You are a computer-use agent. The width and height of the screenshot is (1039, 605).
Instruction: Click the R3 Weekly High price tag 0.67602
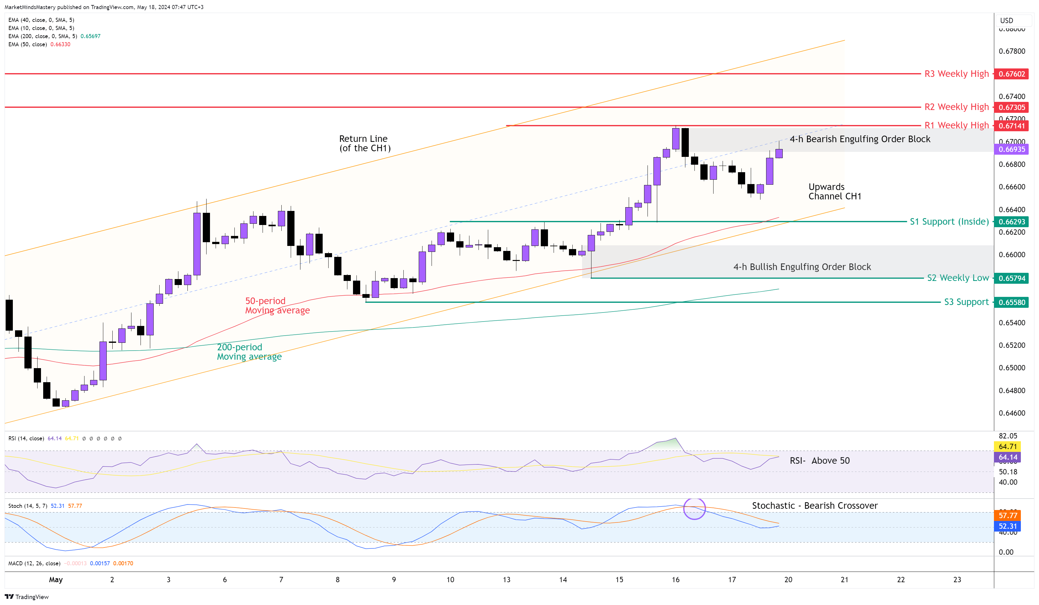tap(1011, 74)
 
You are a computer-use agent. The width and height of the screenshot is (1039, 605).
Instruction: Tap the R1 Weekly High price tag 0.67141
tap(1011, 126)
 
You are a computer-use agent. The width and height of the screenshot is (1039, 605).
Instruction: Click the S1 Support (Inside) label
tap(949, 222)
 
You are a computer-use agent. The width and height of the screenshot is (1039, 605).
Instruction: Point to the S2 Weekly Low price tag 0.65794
tap(1011, 278)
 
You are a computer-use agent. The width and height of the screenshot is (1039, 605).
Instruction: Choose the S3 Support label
tap(966, 302)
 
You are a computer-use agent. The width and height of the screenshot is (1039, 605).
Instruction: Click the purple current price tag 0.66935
tap(1011, 149)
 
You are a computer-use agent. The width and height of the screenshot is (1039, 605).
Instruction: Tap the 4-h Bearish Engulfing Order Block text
tap(860, 139)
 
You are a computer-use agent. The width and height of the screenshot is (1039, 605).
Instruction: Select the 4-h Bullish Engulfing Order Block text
tap(802, 267)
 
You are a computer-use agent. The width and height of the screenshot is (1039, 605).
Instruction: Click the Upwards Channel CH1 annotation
tap(835, 192)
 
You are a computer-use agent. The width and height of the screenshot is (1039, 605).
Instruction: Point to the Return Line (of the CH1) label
tap(365, 143)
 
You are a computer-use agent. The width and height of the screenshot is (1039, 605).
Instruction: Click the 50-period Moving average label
tap(277, 306)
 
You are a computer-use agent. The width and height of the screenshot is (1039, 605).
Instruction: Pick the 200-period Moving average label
tap(249, 352)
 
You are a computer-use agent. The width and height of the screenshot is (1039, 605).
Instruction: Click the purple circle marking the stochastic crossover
tap(694, 509)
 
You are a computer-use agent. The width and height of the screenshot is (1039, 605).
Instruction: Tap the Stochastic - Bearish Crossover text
tap(814, 506)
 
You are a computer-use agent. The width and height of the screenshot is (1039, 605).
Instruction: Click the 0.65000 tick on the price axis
tap(1011, 368)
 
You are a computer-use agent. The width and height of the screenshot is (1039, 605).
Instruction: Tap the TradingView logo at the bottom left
tap(27, 597)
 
